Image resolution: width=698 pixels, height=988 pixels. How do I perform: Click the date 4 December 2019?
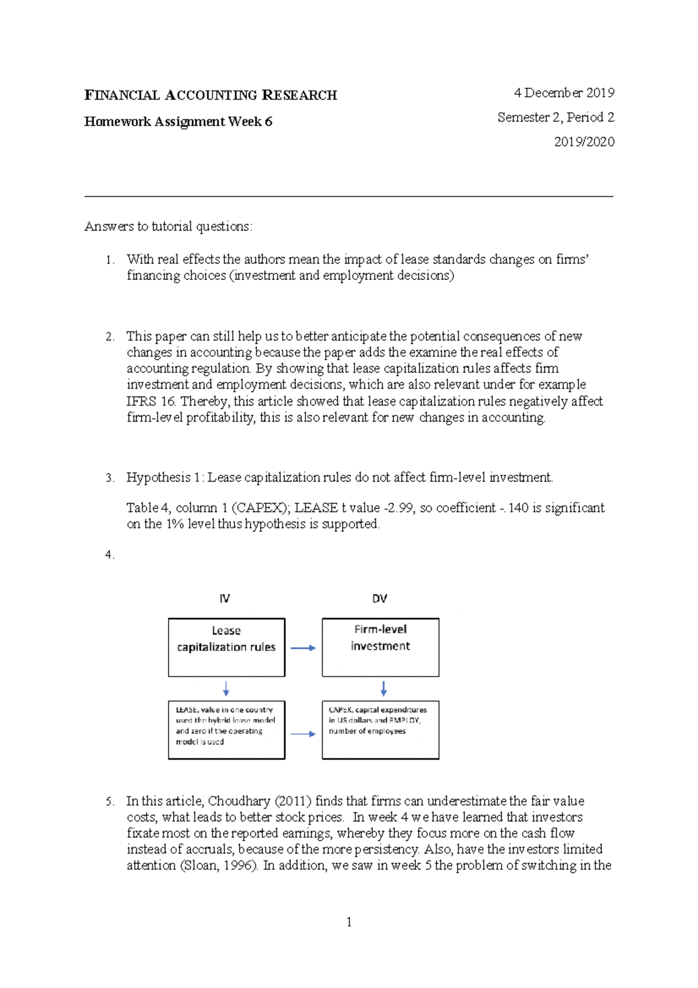pos(564,93)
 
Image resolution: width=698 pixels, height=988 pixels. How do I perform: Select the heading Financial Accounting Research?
pos(211,95)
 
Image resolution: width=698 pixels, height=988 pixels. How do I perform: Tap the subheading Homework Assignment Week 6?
pos(178,122)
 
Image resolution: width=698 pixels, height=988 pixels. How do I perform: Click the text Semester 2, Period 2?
pos(555,118)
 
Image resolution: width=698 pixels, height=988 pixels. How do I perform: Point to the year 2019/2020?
pos(584,142)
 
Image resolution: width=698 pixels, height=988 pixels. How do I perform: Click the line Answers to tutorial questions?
pos(169,226)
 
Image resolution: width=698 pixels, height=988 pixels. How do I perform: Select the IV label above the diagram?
pos(225,599)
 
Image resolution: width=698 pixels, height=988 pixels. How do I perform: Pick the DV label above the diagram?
pos(379,599)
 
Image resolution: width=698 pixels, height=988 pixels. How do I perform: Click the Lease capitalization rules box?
pos(226,647)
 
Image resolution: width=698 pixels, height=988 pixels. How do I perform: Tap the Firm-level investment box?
pos(380,647)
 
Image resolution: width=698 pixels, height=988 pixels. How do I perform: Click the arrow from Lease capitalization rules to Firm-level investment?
pos(303,648)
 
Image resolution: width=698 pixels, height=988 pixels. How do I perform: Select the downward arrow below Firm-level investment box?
pos(383,689)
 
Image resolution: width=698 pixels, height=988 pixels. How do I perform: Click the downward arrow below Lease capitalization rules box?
pos(226,689)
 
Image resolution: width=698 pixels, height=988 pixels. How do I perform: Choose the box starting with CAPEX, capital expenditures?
pos(380,730)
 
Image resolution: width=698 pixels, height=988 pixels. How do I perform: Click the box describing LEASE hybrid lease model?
pos(226,730)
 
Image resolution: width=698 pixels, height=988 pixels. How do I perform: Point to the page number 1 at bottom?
pos(348,922)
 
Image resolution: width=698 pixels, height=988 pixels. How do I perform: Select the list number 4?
pos(109,555)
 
